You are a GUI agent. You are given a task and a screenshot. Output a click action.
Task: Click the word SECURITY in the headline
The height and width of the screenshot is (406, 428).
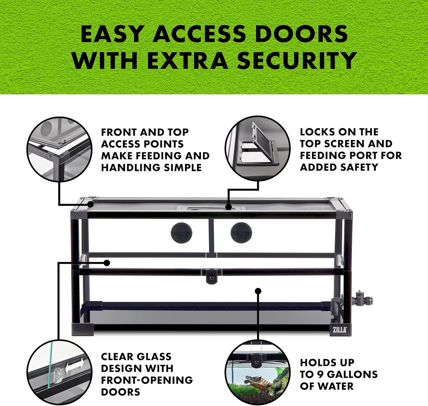pos(296,60)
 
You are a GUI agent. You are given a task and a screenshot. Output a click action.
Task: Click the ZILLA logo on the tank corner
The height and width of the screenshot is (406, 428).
pos(340,330)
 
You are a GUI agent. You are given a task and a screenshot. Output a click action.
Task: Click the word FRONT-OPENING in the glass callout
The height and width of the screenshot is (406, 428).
pos(147,380)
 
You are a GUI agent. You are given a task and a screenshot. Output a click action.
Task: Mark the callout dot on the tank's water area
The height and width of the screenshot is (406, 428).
pos(258,291)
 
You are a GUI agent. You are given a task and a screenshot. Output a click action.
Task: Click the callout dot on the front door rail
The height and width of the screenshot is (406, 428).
pos(107,263)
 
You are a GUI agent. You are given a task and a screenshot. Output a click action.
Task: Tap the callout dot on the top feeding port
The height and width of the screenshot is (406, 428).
pos(228,207)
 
